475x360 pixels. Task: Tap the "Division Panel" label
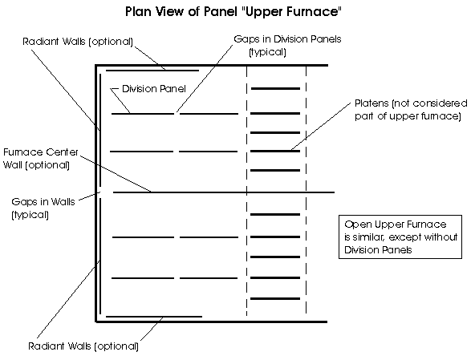coord(154,89)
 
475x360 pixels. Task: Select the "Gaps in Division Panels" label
coord(287,45)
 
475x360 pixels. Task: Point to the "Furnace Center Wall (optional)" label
coord(41,158)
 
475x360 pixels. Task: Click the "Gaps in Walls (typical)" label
coord(43,208)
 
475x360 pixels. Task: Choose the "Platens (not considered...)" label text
coord(411,110)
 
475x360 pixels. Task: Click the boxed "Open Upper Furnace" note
coord(400,237)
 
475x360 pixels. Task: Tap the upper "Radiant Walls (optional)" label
coord(78,42)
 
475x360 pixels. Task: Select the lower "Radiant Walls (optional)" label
coord(83,346)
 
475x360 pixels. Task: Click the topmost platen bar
coord(275,89)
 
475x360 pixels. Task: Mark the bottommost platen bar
coord(275,299)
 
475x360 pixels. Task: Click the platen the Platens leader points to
coord(275,151)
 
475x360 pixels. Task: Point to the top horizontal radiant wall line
coord(152,71)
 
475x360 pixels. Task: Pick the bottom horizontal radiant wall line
coord(154,317)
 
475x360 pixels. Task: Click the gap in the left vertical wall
coord(100,192)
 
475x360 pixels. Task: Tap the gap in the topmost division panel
coord(177,114)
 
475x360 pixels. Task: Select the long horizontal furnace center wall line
coord(224,192)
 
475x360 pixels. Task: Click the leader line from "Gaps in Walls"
coord(89,196)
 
